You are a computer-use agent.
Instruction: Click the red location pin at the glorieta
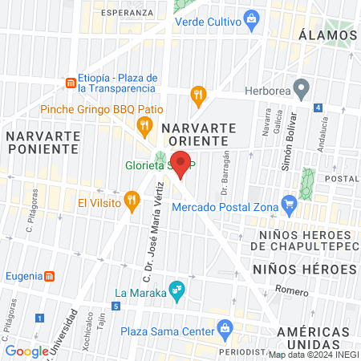coord(181,164)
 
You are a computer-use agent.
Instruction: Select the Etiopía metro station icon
coord(71,83)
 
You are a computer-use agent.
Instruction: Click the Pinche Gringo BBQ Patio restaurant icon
coord(144,124)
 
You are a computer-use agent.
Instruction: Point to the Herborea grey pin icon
coord(302,87)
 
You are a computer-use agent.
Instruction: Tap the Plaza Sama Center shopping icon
coord(225,327)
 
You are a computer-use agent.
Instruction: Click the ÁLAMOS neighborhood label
coord(326,34)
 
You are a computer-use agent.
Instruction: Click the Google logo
coord(27,351)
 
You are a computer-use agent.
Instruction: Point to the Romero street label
coord(291,290)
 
